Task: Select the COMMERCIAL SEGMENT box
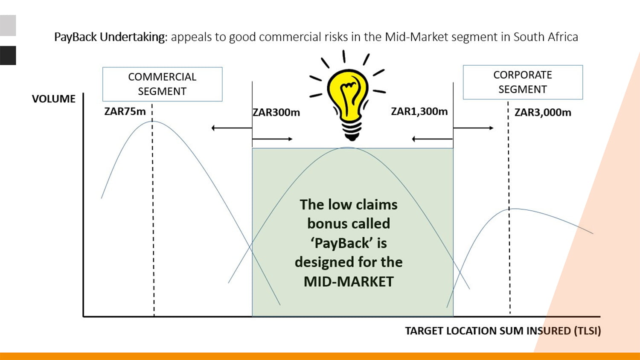[x=162, y=84]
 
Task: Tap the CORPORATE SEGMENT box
[x=523, y=82]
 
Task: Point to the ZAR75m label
[x=125, y=112]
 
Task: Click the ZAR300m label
[x=276, y=113]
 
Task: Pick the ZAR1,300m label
[x=419, y=112]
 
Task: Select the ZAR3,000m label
[x=542, y=113]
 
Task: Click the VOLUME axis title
[x=53, y=99]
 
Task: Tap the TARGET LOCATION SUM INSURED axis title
[x=503, y=331]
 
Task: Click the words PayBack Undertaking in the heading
[x=110, y=37]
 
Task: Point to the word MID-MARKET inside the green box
[x=349, y=282]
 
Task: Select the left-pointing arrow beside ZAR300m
[x=231, y=128]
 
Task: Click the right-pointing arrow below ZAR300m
[x=272, y=139]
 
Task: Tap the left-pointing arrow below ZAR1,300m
[x=432, y=139]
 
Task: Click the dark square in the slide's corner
[x=8, y=55]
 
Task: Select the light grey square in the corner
[x=8, y=25]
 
